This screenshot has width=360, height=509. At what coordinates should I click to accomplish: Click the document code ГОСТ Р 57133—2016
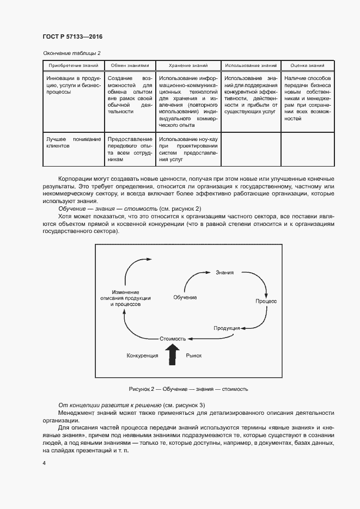click(72, 36)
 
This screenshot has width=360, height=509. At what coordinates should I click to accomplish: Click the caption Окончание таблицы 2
click(71, 53)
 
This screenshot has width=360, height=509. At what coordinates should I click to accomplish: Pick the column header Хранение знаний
click(188, 65)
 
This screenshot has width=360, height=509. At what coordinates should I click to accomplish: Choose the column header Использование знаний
click(251, 65)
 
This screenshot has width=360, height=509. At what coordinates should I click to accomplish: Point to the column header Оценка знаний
click(307, 65)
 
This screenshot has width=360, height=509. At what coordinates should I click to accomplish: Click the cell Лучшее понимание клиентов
click(74, 143)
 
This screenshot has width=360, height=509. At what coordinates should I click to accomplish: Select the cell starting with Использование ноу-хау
click(188, 150)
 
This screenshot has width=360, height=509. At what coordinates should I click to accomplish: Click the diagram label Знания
click(224, 272)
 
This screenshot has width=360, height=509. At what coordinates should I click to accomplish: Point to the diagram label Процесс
click(266, 301)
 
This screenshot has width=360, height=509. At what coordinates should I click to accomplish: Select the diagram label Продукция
click(227, 328)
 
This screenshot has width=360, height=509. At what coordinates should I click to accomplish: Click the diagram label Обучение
click(185, 297)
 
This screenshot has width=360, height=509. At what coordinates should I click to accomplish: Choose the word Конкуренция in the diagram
click(142, 355)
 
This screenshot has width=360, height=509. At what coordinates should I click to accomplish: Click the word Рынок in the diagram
click(194, 355)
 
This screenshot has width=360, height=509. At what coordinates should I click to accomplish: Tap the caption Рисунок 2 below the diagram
click(188, 389)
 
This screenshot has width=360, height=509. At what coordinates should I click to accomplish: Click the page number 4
click(44, 463)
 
